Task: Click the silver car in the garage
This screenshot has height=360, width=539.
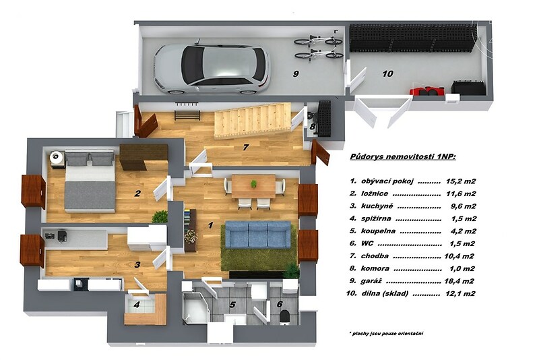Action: click(212, 69)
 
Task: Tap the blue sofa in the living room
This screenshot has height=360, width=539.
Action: click(258, 234)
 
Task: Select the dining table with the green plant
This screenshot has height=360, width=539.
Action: click(254, 187)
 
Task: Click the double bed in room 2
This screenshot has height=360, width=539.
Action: click(90, 181)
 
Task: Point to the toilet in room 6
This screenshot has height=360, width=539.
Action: click(285, 317)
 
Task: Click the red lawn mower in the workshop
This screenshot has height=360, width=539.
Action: click(427, 91)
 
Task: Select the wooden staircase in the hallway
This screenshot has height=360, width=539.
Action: click(253, 121)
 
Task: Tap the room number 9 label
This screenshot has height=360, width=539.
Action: click(295, 73)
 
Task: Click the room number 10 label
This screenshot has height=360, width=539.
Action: click(387, 73)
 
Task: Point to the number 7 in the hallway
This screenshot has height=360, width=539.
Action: click(245, 147)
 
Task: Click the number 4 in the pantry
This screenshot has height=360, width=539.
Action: click(137, 305)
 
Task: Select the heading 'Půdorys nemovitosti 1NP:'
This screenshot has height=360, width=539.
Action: click(403, 157)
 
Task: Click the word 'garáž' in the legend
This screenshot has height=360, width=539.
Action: click(372, 281)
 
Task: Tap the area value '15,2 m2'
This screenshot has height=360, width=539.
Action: click(461, 181)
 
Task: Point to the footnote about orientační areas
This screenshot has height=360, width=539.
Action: click(386, 333)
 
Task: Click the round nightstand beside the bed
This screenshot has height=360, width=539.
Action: click(57, 158)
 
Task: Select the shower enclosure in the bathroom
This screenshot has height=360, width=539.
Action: click(195, 307)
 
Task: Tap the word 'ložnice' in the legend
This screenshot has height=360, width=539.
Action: click(375, 193)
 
